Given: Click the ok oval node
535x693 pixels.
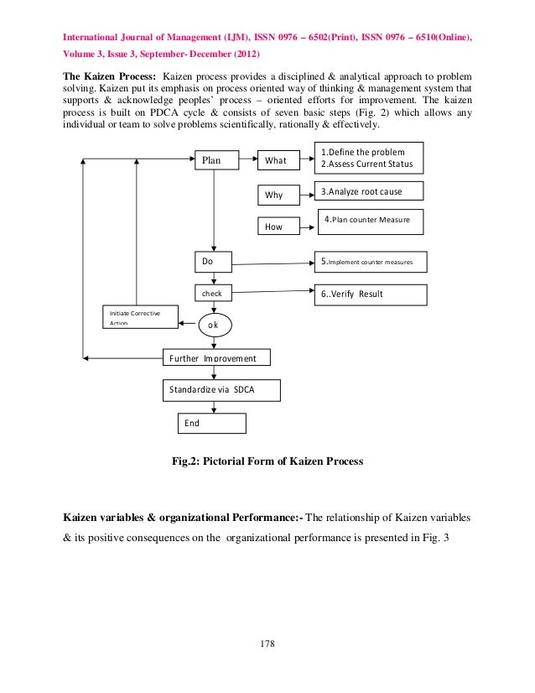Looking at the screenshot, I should tap(215, 325).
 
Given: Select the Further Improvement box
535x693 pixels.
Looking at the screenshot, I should tap(216, 358).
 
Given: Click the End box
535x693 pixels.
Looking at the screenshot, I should tap(212, 423).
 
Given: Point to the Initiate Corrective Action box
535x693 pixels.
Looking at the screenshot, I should tap(140, 317).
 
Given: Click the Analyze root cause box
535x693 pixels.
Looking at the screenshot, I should tap(369, 191).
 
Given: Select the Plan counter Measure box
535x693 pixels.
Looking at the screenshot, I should tap(369, 221).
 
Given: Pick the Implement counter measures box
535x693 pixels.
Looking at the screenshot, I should tap(371, 263).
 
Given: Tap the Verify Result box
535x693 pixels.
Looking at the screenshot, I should tap(371, 295).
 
